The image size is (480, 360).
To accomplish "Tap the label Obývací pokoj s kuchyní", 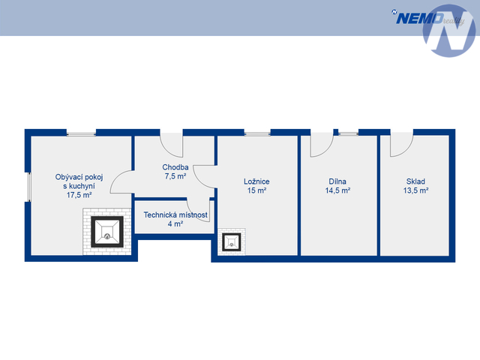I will pyautogui.click(x=79, y=181).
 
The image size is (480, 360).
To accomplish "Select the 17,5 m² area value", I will pyautogui.click(x=79, y=194).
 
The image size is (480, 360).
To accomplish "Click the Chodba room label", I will pyautogui.click(x=175, y=167).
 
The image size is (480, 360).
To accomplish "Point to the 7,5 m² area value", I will pyautogui.click(x=175, y=177).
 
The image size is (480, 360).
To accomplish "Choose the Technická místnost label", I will pyautogui.click(x=175, y=214).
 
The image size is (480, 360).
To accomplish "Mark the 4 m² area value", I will pyautogui.click(x=175, y=223).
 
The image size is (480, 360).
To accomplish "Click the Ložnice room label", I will pyautogui.click(x=256, y=181).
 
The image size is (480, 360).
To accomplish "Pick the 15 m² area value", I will pyautogui.click(x=256, y=190).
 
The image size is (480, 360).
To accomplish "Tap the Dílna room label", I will pyautogui.click(x=337, y=181).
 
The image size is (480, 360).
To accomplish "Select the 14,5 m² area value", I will pyautogui.click(x=337, y=190).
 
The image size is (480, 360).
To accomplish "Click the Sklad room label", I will pyautogui.click(x=415, y=181).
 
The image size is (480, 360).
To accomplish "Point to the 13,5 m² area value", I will pyautogui.click(x=415, y=190).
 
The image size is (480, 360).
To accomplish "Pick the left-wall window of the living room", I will pyautogui.click(x=28, y=187).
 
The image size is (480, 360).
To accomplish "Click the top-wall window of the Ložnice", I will pyautogui.click(x=257, y=133).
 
